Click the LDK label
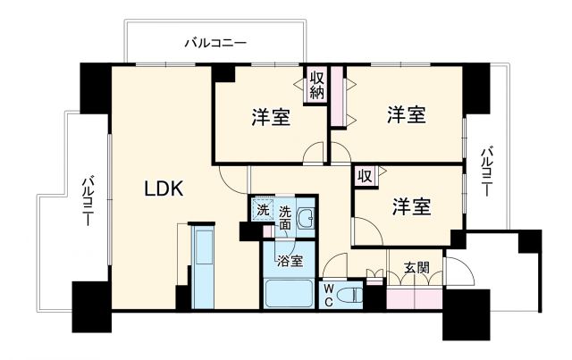164,188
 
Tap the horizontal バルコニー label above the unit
215,42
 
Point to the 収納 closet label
317,85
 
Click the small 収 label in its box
365,175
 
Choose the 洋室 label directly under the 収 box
411,206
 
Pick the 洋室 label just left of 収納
269,117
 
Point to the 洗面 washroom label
284,217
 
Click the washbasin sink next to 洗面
306,218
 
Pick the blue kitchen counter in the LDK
204,265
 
